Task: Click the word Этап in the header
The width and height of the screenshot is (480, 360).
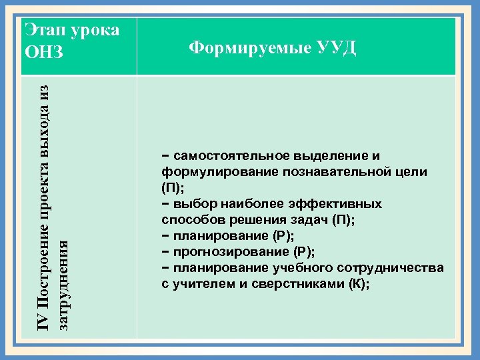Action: coord(45,30)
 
